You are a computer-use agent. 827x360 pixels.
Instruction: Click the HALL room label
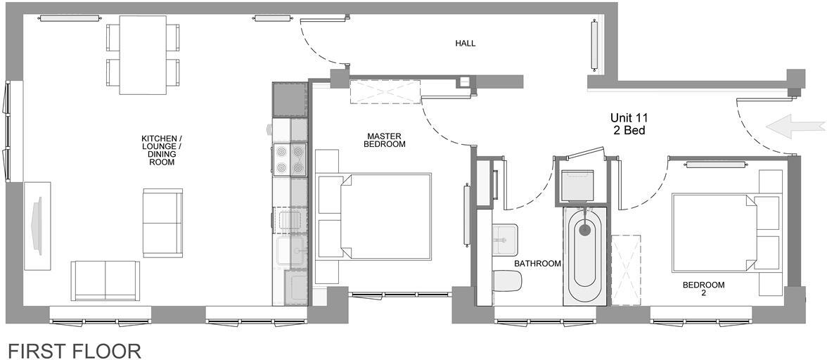click(465, 44)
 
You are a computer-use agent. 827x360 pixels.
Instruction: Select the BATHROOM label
click(537, 264)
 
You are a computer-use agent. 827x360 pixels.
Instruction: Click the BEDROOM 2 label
click(703, 290)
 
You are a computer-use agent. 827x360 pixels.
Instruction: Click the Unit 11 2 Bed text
click(628, 124)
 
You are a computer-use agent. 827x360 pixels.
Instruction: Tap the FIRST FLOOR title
click(75, 350)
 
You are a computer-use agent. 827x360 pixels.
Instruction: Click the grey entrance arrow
click(795, 127)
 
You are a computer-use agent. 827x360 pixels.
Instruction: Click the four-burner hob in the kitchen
click(290, 159)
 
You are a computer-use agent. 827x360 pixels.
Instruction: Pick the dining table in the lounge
click(143, 54)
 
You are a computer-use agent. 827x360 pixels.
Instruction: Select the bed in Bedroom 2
click(717, 232)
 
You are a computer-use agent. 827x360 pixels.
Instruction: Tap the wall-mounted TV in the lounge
click(37, 225)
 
